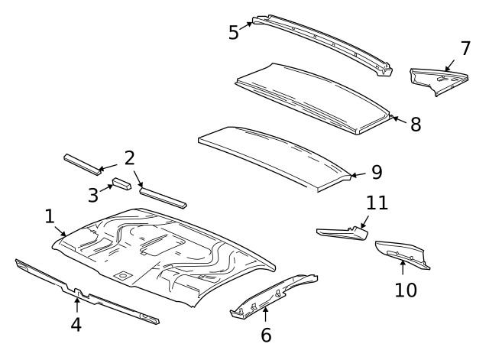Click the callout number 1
(x=49, y=216)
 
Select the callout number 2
(x=130, y=158)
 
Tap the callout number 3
(x=92, y=195)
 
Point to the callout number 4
(x=76, y=324)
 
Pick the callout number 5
(x=234, y=32)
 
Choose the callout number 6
(x=265, y=334)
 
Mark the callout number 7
(x=465, y=48)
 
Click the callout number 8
(x=415, y=125)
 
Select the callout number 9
(x=376, y=173)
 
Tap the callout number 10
(x=406, y=290)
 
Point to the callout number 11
(x=377, y=203)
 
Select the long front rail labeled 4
(x=84, y=292)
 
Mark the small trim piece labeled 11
(x=340, y=232)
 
